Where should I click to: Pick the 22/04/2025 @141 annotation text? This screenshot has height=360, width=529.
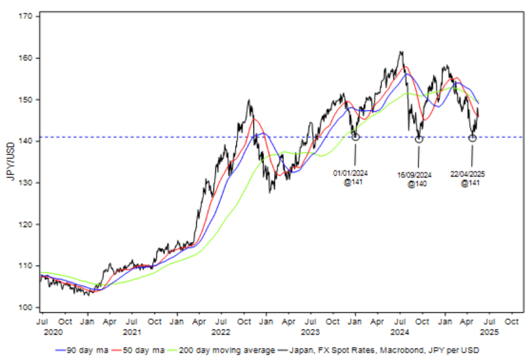pyautogui.click(x=470, y=178)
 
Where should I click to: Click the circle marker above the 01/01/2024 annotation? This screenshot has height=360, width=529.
pyautogui.click(x=355, y=137)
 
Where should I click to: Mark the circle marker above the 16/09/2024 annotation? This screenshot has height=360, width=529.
pyautogui.click(x=419, y=139)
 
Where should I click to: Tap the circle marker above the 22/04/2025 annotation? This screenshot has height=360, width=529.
pyautogui.click(x=472, y=138)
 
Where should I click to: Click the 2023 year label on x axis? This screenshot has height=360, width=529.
pyautogui.click(x=309, y=332)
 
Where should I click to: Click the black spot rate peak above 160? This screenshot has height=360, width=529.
pyautogui.click(x=401, y=53)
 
